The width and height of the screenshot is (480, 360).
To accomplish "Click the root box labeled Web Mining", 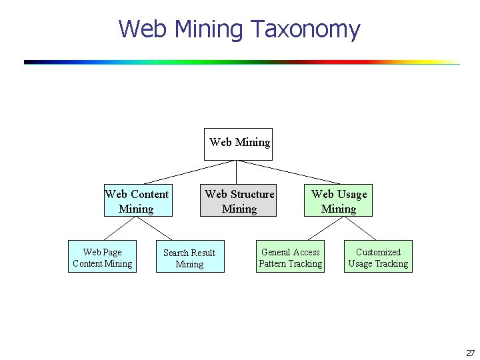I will (238, 144).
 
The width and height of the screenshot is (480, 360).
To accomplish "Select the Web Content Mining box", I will (138, 201).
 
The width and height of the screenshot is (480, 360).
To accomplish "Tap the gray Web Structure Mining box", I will (239, 201).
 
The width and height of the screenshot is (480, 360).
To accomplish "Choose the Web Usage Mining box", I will (338, 201).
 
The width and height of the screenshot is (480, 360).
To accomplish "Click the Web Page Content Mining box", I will (102, 257).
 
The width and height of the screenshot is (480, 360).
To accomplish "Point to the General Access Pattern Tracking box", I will (291, 257).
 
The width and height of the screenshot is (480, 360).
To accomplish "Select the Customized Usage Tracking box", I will (378, 257).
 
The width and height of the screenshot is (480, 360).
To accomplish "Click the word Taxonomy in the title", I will (305, 29).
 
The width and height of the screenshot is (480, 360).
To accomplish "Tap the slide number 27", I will (470, 353).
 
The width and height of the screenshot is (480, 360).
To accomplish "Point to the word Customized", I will (378, 252).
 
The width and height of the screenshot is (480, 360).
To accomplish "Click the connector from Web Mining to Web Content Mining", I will (190, 173).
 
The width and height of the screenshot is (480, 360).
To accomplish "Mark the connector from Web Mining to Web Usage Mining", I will (289, 173).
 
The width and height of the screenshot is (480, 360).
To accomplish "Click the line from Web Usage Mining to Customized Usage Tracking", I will (361, 229).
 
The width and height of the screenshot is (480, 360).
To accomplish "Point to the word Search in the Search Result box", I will (177, 253).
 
